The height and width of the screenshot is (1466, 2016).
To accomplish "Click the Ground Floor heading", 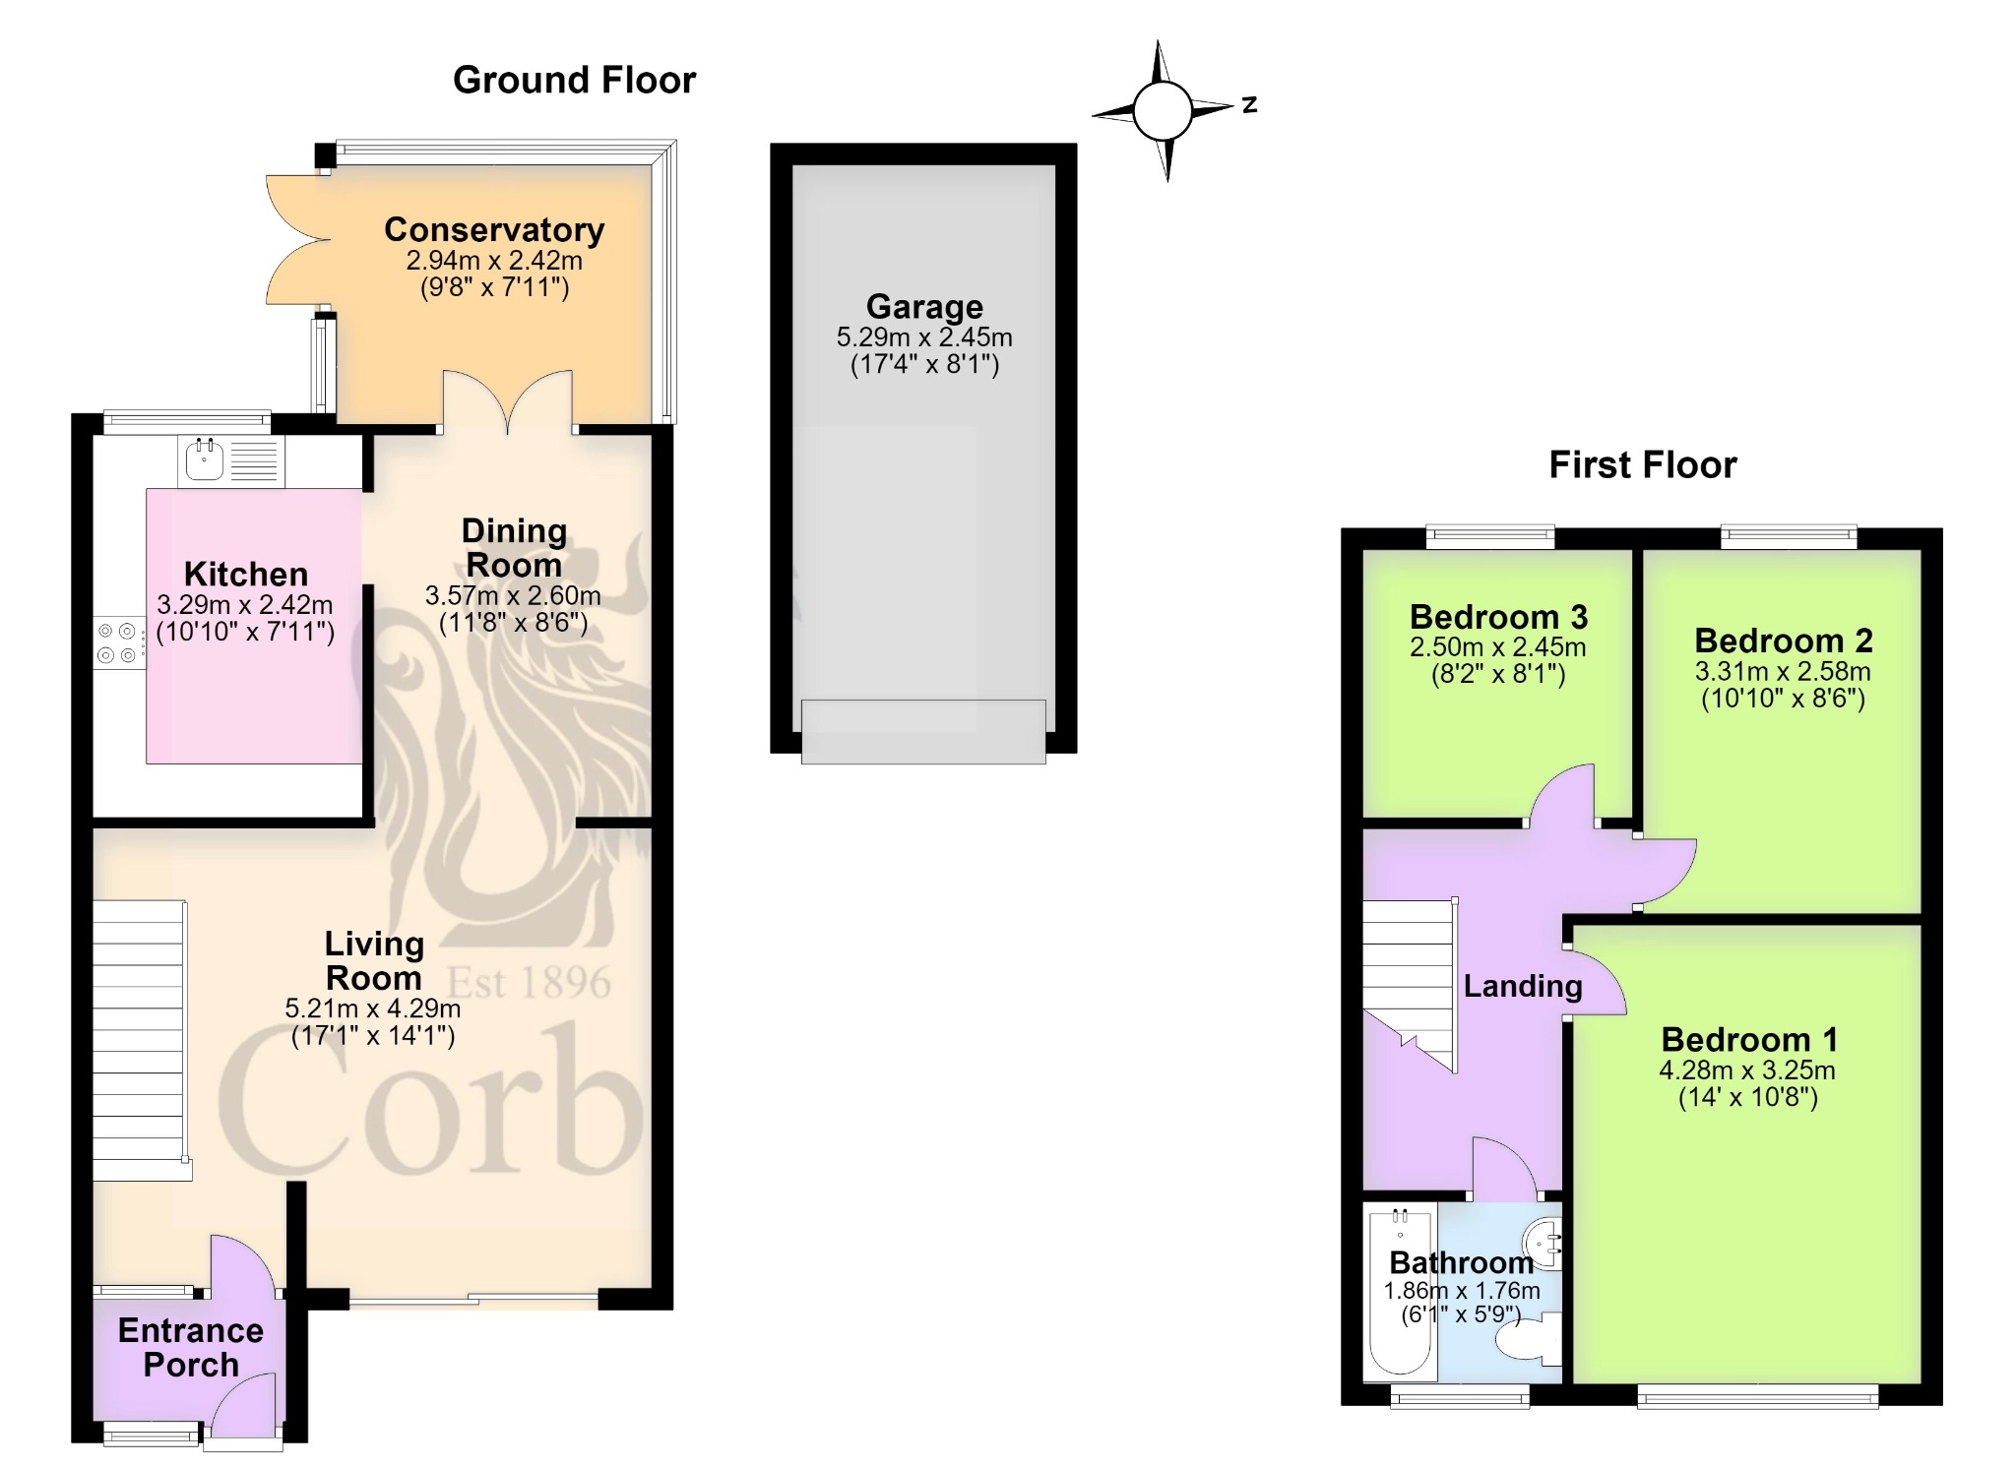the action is (574, 81).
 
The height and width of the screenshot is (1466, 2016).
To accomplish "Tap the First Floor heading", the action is (1643, 464).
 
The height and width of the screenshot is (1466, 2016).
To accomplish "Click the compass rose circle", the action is (1163, 110).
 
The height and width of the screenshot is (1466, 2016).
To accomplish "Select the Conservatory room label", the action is (494, 229).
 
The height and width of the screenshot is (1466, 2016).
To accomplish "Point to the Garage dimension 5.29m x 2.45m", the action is (924, 337).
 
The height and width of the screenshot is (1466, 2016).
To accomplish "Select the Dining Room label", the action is (514, 548).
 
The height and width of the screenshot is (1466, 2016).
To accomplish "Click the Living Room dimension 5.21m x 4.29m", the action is (373, 1008).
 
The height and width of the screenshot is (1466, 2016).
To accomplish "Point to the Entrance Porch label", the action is (191, 1348).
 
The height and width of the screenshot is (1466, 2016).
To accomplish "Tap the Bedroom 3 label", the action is (1498, 617).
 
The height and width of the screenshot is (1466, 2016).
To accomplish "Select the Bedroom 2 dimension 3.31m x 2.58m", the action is (1783, 672).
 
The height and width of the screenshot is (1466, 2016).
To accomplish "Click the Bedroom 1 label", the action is (1749, 1039).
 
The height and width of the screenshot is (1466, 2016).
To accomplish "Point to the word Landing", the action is (1523, 986).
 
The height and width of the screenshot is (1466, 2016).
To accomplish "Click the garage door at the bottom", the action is (923, 731).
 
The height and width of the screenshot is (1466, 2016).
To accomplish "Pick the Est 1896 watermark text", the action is (530, 982).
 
